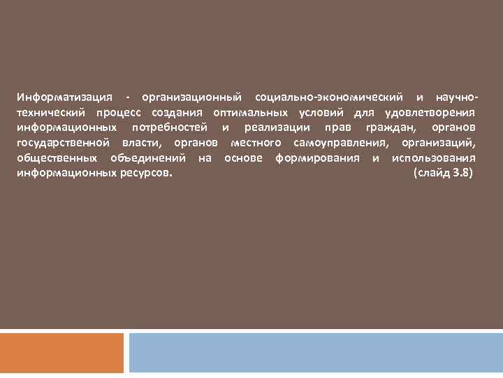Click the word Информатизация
[x=62, y=95]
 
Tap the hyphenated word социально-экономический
[x=329, y=95]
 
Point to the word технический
[x=51, y=111]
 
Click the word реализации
[x=275, y=127]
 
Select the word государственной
[x=64, y=142]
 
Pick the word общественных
[x=58, y=157]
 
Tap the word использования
[x=434, y=157]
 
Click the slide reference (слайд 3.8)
[x=443, y=172]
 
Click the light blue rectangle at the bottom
[x=315, y=353]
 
